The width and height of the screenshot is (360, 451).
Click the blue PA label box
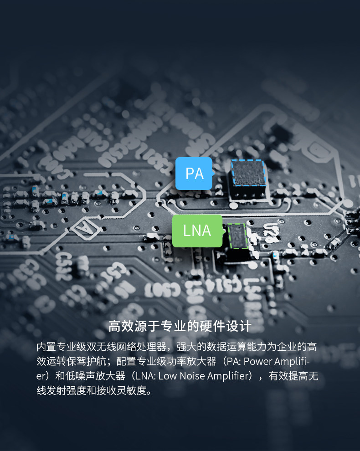click(194, 173)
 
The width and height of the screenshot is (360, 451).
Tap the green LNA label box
click(197, 231)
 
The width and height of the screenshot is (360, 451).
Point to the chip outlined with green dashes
click(237, 236)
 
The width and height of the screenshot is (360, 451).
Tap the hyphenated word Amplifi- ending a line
click(293, 362)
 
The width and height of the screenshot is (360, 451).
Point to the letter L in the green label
click(186, 231)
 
